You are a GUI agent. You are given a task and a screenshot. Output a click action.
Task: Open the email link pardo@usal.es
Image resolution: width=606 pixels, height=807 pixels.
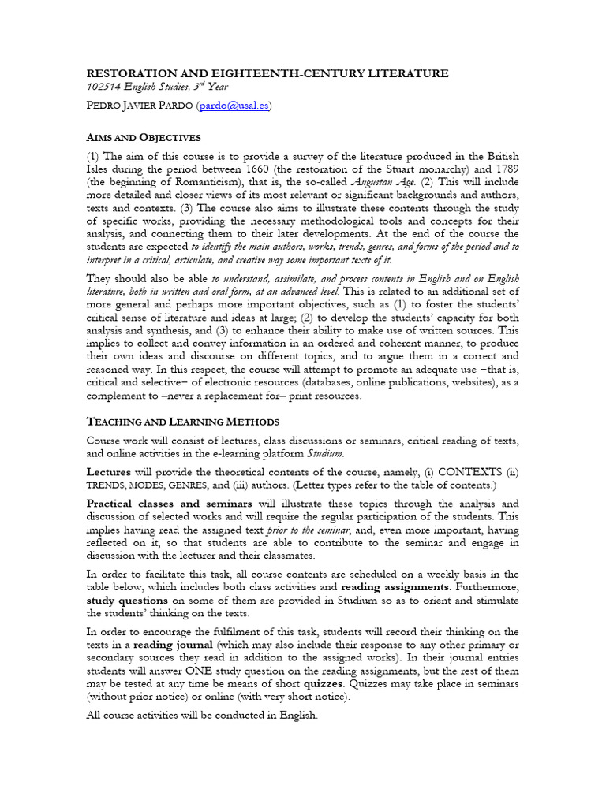coord(234,106)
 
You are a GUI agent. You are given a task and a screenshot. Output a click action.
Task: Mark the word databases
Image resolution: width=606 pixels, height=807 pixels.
coord(366,382)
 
